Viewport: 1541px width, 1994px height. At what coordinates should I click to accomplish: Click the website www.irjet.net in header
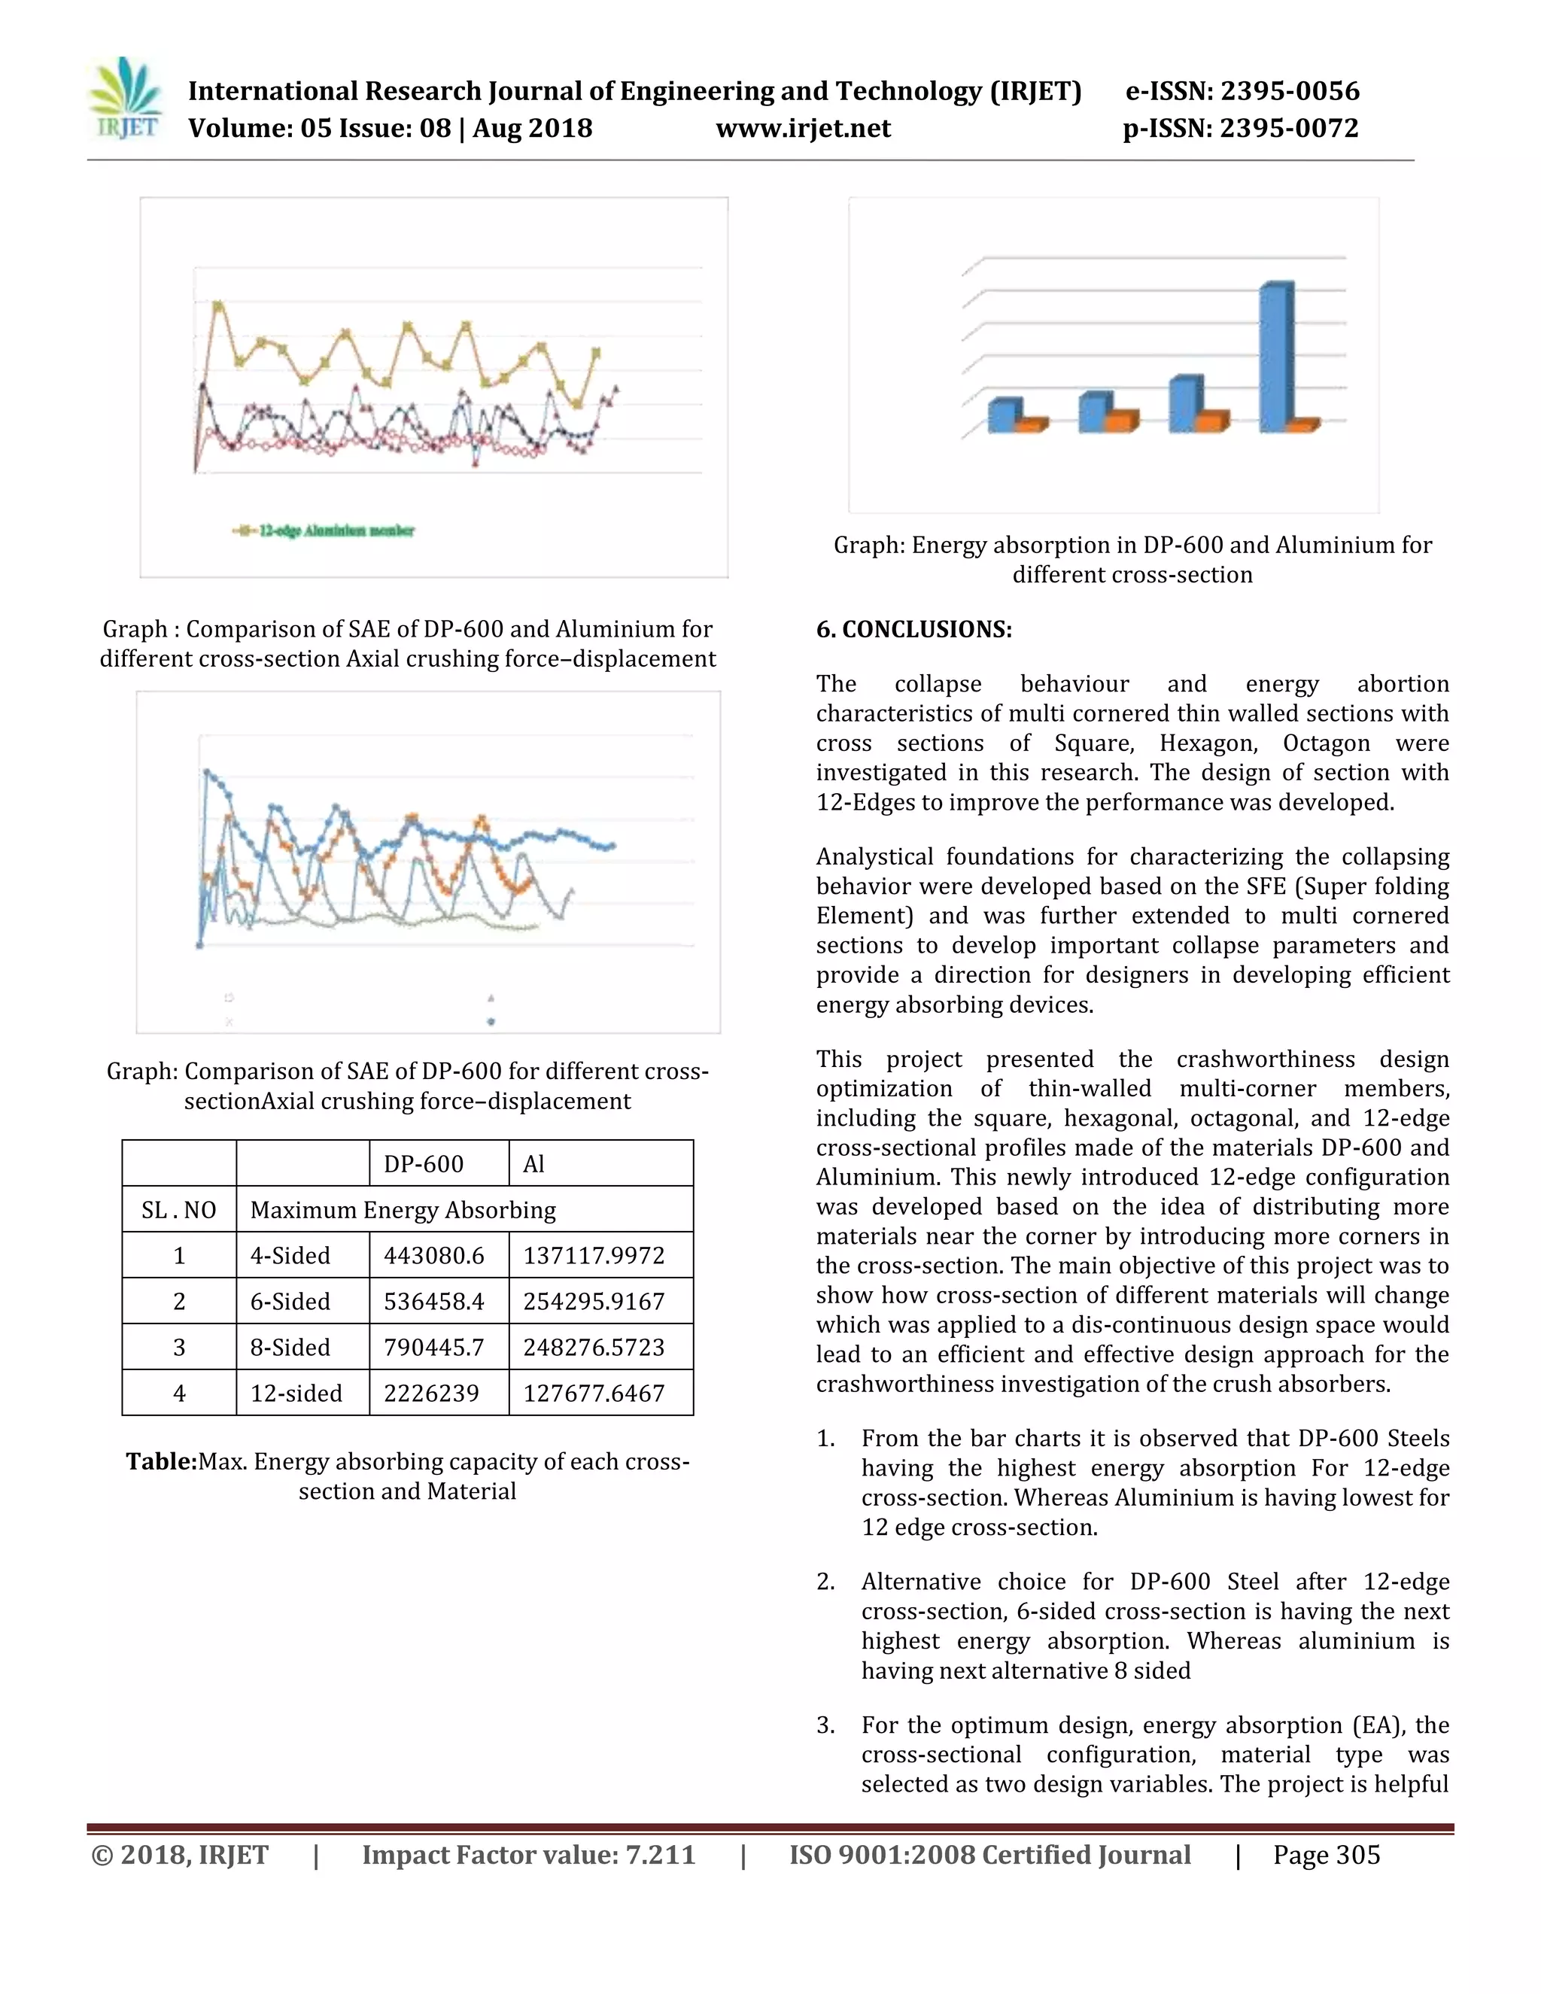(804, 128)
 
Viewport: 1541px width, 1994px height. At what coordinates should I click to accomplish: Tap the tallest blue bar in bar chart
(1275, 358)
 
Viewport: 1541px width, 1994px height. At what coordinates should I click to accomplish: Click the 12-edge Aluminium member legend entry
(324, 530)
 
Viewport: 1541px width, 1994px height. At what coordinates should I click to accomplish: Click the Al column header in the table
(534, 1163)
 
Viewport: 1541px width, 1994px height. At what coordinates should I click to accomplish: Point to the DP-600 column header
(424, 1163)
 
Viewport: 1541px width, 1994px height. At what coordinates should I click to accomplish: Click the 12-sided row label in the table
(296, 1394)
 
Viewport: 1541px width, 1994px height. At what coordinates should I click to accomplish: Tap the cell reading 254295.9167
(594, 1301)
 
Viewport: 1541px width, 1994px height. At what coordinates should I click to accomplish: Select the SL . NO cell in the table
(179, 1210)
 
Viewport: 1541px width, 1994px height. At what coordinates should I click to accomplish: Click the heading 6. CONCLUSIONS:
(913, 629)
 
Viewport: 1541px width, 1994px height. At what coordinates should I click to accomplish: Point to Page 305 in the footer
(1327, 1854)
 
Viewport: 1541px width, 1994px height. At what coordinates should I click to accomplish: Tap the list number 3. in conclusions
(825, 1725)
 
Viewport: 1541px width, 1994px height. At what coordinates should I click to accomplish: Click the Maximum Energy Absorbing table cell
(403, 1210)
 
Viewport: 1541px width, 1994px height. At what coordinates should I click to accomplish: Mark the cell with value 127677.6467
(594, 1394)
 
